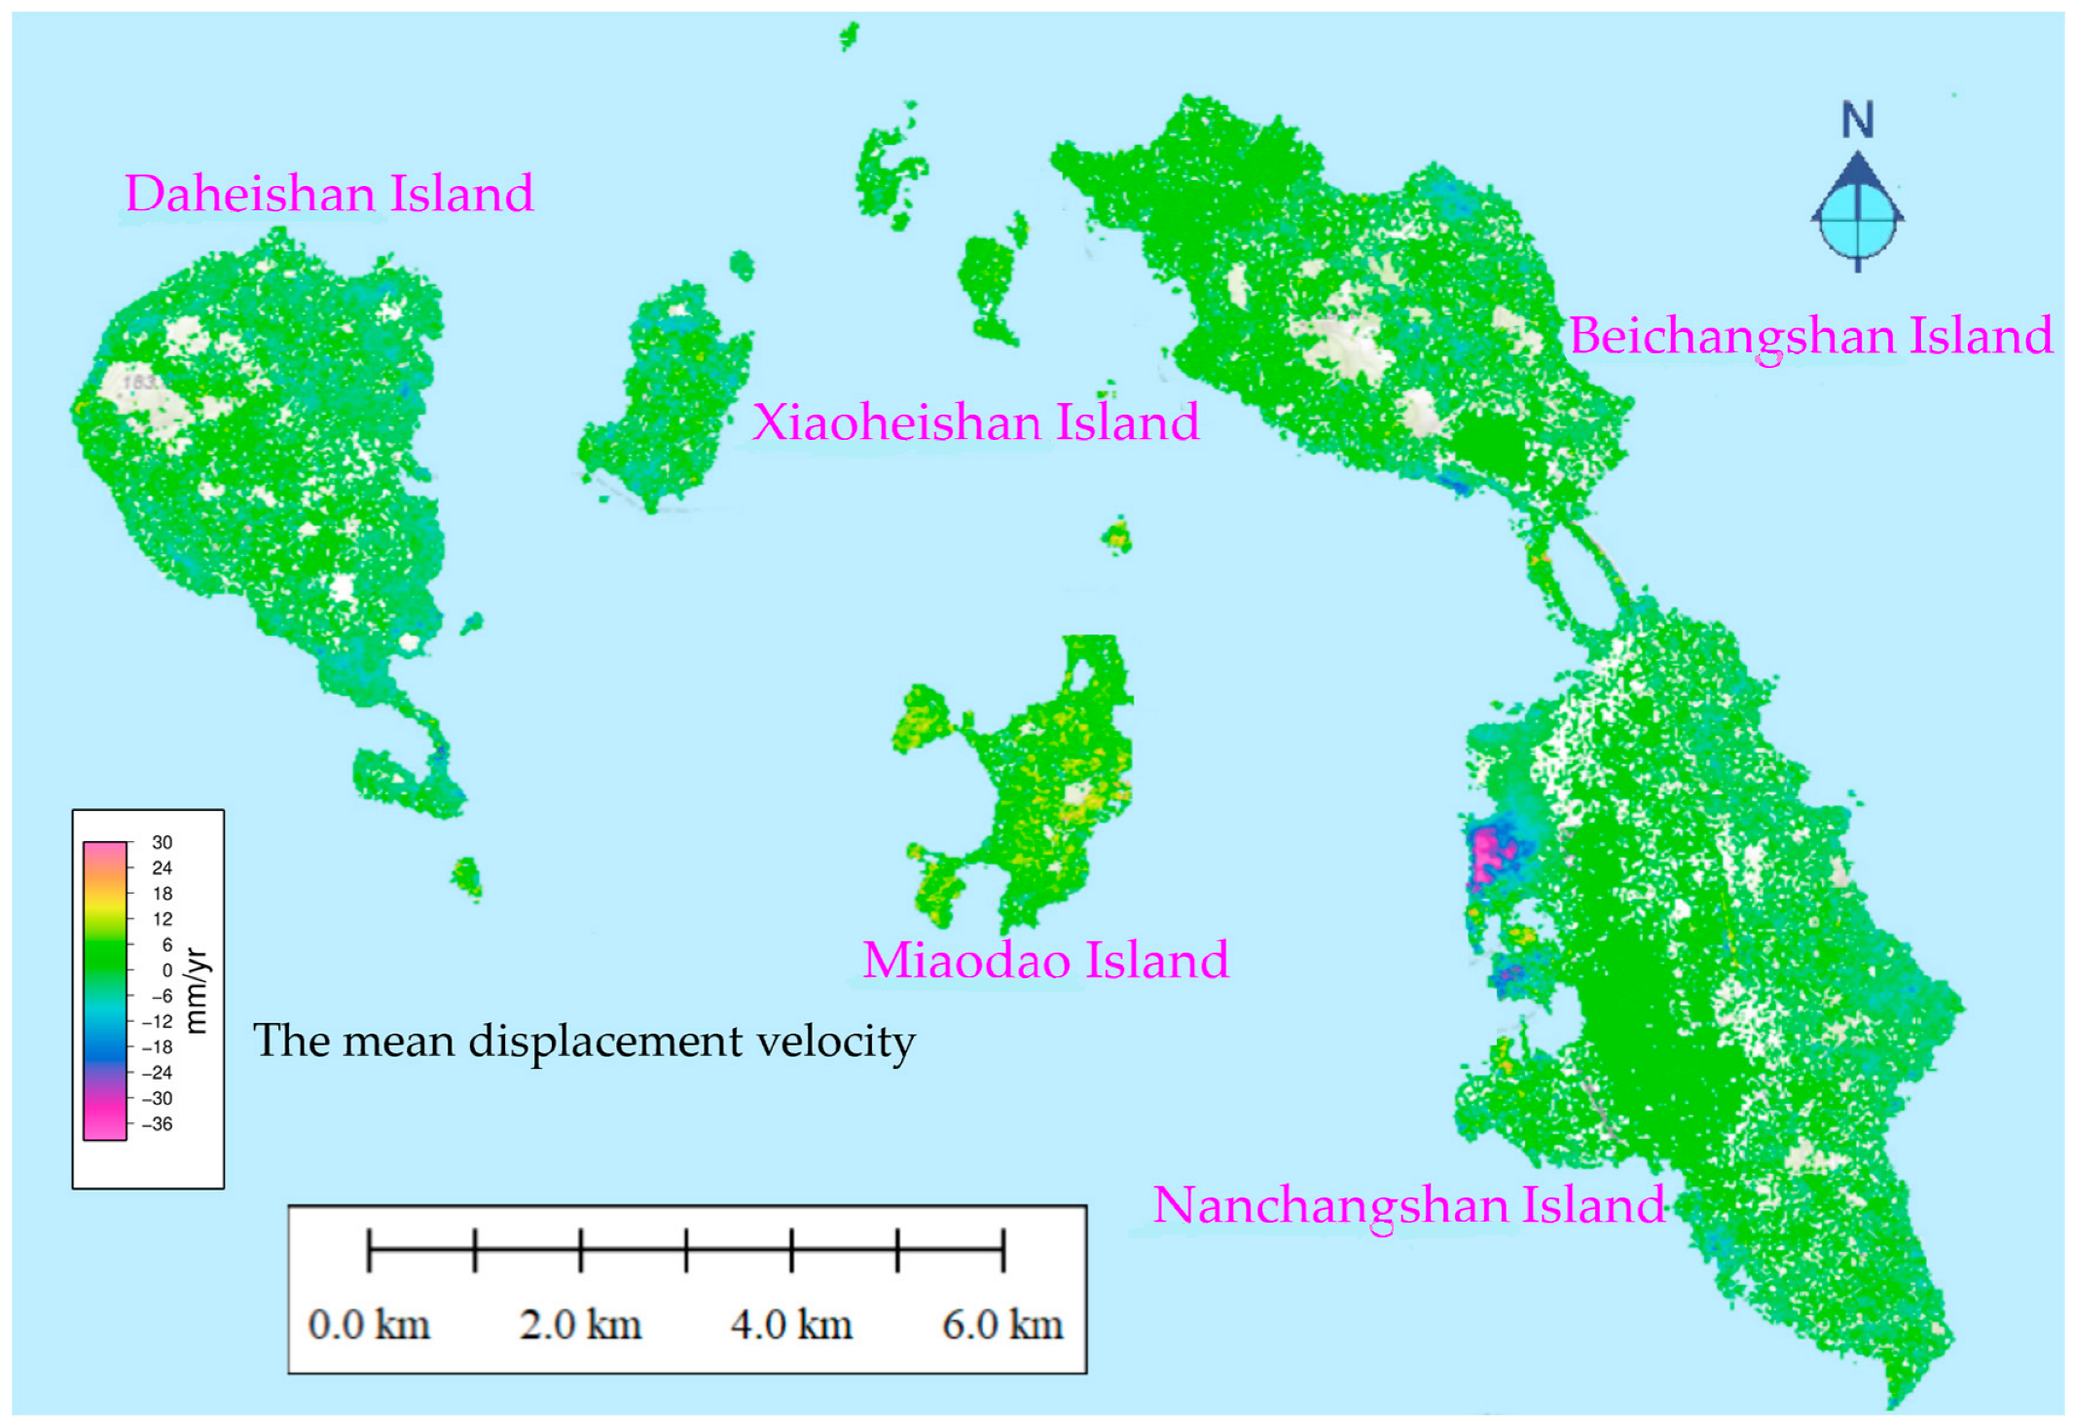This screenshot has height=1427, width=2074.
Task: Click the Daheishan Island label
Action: pos(329,194)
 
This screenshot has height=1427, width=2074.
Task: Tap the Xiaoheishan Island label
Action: pos(975,422)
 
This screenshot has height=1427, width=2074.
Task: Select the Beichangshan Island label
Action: pos(1810,336)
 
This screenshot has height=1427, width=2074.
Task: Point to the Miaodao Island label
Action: pos(1045,960)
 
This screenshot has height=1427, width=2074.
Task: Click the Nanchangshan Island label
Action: pos(1408,1205)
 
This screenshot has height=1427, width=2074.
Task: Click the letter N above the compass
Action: pos(1857,121)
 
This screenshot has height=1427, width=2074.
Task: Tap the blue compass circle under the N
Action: pos(1857,220)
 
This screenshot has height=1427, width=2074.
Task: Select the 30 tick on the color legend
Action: pos(162,843)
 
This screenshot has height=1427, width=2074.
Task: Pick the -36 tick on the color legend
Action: pos(158,1124)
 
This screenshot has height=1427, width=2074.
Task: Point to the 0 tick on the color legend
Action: pos(166,970)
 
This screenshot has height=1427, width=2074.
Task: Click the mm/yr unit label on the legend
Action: pos(197,990)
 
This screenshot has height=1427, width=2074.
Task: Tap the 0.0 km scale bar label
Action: pos(369,1325)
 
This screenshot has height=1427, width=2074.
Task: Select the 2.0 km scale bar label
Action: pos(580,1325)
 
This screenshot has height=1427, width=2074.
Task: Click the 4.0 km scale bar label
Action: pos(791,1325)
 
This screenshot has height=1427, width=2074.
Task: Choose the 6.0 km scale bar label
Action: pos(1002,1325)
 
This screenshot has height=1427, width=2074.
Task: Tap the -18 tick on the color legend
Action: pos(158,1047)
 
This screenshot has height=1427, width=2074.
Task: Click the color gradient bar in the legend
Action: pos(104,990)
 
